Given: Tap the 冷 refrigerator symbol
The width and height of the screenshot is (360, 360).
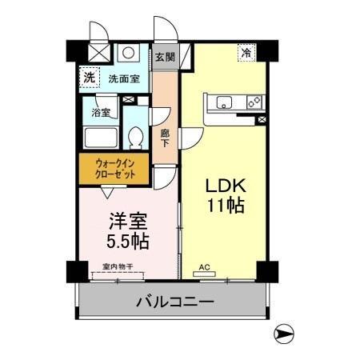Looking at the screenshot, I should [246, 52].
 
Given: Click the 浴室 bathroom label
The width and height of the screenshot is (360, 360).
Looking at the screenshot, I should [101, 113].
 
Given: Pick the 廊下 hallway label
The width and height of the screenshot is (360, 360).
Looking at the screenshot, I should [165, 138].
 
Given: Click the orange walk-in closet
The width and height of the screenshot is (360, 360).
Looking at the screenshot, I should [116, 170].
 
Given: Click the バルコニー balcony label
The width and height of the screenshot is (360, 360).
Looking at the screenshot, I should [174, 302].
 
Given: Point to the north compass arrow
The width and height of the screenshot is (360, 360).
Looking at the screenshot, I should [285, 334].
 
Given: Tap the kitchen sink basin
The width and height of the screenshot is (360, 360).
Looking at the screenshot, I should [222, 102].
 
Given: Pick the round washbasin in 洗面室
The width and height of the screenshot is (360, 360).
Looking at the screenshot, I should [127, 52].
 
